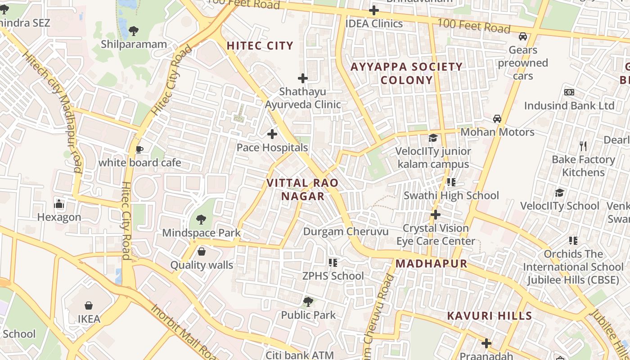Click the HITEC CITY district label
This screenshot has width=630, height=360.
click(x=260, y=45)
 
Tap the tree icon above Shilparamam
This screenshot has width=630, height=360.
click(x=133, y=31)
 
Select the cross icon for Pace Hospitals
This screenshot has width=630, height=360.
click(x=272, y=134)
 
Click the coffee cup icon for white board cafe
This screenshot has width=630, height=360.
click(x=139, y=149)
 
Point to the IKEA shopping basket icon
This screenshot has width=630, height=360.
click(x=89, y=306)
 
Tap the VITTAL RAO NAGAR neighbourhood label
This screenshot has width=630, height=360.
click(x=302, y=189)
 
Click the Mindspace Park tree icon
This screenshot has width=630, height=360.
click(x=201, y=220)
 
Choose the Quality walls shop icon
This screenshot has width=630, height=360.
click(x=202, y=252)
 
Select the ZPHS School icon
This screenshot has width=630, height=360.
click(x=333, y=262)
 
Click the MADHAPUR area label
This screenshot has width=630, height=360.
click(x=431, y=263)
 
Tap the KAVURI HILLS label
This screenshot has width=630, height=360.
click(x=490, y=315)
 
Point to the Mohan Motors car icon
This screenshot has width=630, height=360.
click(x=497, y=119)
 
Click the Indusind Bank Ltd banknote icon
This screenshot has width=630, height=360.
click(x=569, y=92)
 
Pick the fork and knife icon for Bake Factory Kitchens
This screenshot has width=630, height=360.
click(x=583, y=146)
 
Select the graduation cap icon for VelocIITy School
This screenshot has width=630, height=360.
click(x=559, y=193)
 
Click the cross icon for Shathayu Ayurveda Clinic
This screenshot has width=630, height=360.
click(x=303, y=78)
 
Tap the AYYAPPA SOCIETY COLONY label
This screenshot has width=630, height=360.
click(x=406, y=73)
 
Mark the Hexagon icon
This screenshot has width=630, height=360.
click(x=59, y=204)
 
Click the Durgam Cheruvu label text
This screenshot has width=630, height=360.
click(x=346, y=232)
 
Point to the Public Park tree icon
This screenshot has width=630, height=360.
click(x=308, y=301)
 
